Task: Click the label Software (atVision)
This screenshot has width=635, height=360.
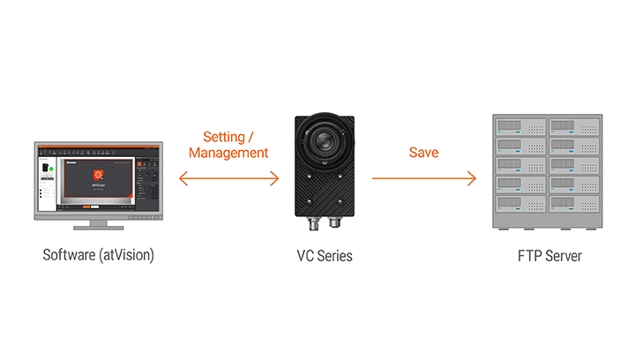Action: [98, 256]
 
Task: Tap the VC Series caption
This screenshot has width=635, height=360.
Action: [325, 256]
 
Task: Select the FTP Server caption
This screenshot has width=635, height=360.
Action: [549, 256]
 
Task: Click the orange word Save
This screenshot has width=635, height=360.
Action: [423, 153]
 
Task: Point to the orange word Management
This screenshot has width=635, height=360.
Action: [228, 153]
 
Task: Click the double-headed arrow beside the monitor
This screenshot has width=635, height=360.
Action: [228, 179]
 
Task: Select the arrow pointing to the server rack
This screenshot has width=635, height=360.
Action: [423, 179]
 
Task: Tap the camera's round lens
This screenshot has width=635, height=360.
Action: [325, 139]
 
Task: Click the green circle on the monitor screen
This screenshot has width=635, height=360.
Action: [52, 168]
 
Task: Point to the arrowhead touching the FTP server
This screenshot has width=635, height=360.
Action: [472, 179]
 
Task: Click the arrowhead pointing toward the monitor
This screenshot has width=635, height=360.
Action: [183, 179]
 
